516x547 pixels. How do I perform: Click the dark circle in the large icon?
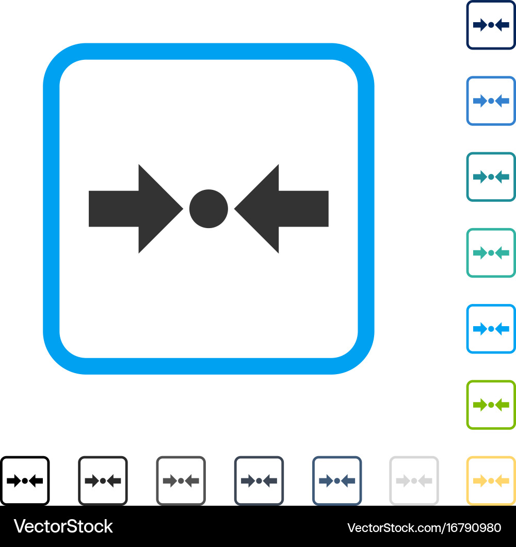click(x=208, y=208)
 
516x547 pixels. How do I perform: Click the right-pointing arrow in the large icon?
click(x=136, y=208)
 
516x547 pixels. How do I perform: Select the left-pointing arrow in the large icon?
click(x=282, y=208)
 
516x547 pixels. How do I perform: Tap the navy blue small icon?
click(x=491, y=25)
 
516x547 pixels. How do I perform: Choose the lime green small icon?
click(x=491, y=405)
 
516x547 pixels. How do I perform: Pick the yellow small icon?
click(x=491, y=481)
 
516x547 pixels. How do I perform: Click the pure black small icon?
click(x=25, y=481)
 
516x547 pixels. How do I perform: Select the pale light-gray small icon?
click(x=414, y=481)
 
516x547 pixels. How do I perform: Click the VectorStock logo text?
click(x=63, y=526)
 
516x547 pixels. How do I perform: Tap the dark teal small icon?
click(x=491, y=177)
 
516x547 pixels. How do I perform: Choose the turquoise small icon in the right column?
click(x=491, y=253)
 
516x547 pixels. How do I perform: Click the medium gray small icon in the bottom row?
click(x=181, y=481)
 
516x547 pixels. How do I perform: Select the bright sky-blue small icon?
click(x=491, y=329)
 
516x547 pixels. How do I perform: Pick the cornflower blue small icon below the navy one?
click(x=491, y=101)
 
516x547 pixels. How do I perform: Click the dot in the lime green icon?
click(x=491, y=405)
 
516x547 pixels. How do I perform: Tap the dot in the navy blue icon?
click(x=491, y=25)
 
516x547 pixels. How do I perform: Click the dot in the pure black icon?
click(x=25, y=481)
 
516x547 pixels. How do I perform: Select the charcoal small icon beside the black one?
click(x=103, y=481)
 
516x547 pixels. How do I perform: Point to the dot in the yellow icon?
click(x=491, y=481)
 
